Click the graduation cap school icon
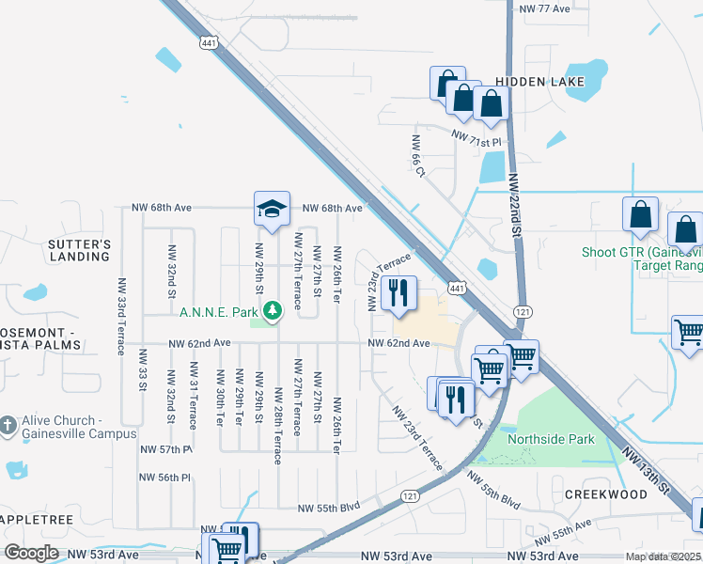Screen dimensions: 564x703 271,208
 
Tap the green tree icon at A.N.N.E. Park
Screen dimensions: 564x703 272,309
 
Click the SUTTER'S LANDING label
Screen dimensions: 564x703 80,250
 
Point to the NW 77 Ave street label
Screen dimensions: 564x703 544,8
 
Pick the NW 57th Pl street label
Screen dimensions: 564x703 166,450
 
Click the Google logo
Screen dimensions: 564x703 31,553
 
